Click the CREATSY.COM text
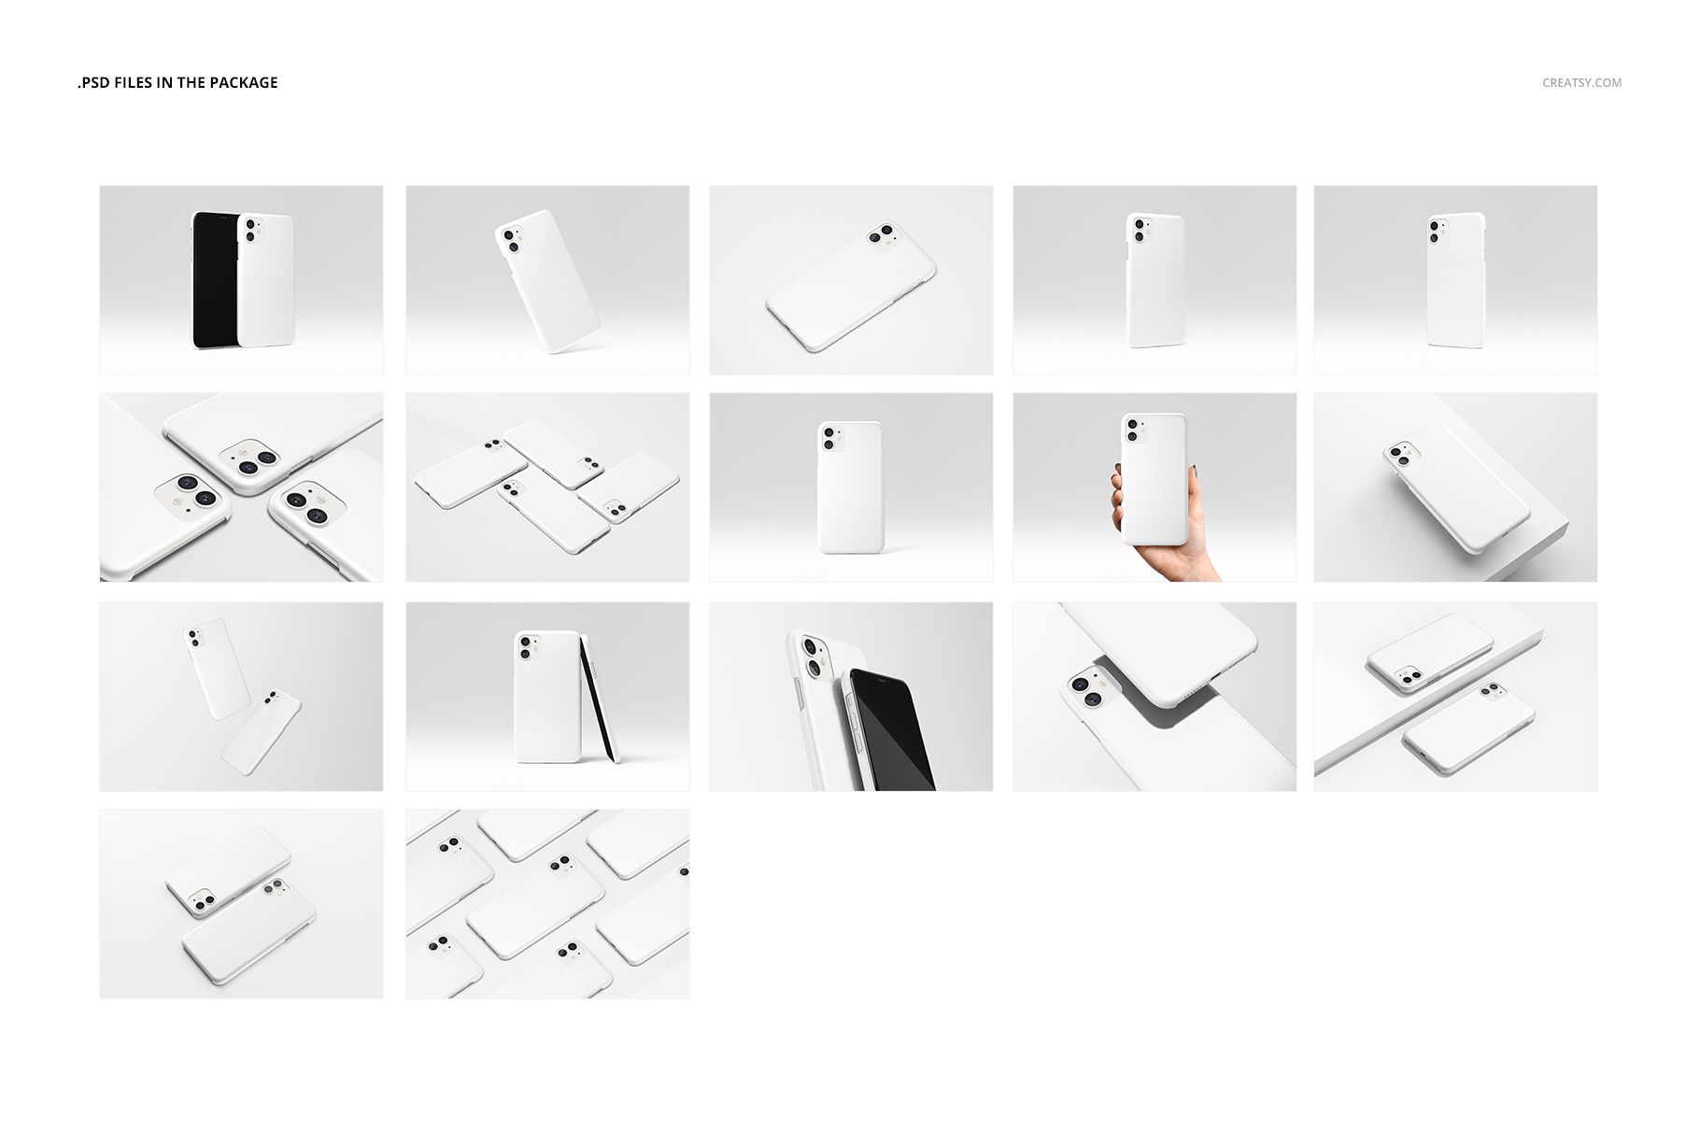pyautogui.click(x=1581, y=82)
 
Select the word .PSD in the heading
pyautogui.click(x=93, y=82)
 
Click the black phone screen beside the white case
pyautogui.click(x=214, y=279)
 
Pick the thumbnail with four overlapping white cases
pyautogui.click(x=547, y=488)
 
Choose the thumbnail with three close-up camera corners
pyautogui.click(x=241, y=488)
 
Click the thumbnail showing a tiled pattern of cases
pyautogui.click(x=547, y=904)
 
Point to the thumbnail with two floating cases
pyautogui.click(x=241, y=697)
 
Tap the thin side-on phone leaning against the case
pyautogui.click(x=599, y=699)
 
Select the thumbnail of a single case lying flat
pyautogui.click(x=851, y=280)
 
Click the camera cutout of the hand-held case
pyautogui.click(x=1133, y=430)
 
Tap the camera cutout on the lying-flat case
pyautogui.click(x=883, y=236)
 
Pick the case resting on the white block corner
pyautogui.click(x=1456, y=487)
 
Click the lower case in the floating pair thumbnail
pyautogui.click(x=262, y=733)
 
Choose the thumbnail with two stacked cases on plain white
pyautogui.click(x=241, y=904)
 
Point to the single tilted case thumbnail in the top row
pyautogui.click(x=547, y=280)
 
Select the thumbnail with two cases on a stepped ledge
pyautogui.click(x=1455, y=697)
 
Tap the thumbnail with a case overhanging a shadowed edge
pyautogui.click(x=1155, y=697)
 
